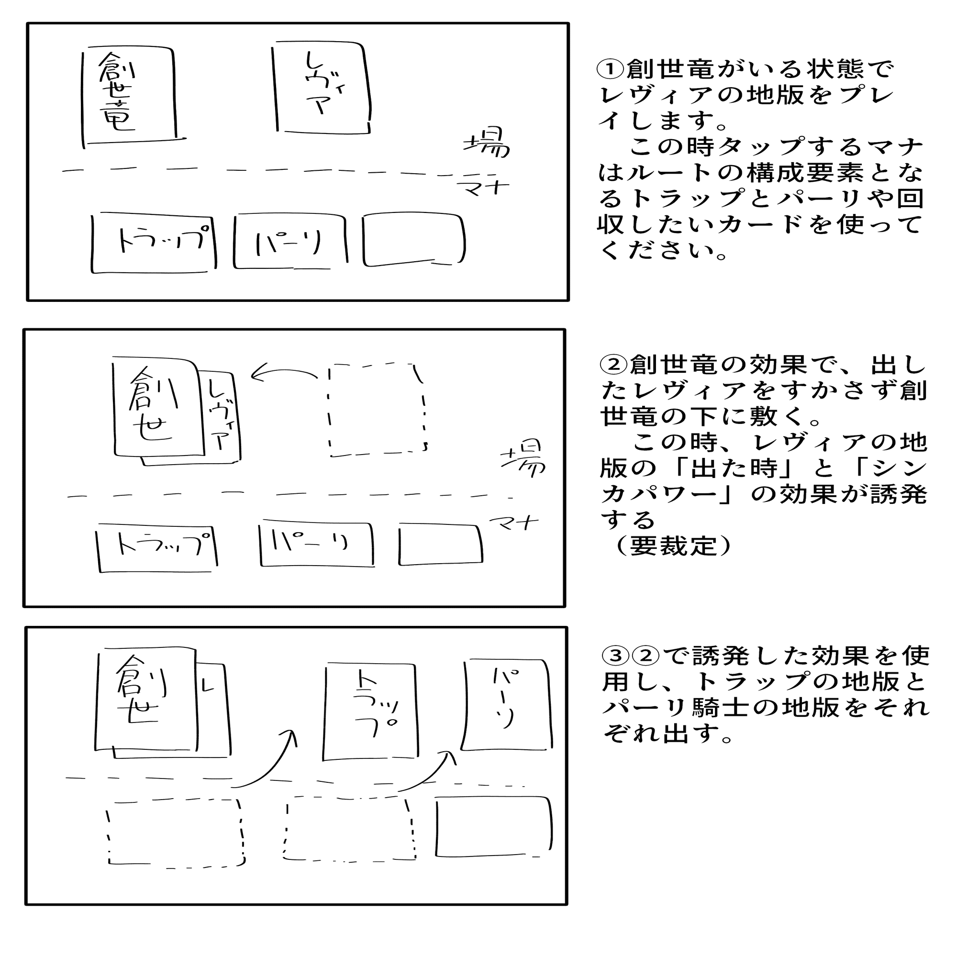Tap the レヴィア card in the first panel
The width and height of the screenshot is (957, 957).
pyautogui.click(x=322, y=89)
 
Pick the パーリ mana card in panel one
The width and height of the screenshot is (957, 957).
pyautogui.click(x=290, y=242)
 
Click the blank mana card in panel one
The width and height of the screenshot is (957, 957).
pyautogui.click(x=413, y=240)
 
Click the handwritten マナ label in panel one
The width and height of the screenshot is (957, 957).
pyautogui.click(x=483, y=188)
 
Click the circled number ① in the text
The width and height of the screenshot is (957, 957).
pyautogui.click(x=610, y=69)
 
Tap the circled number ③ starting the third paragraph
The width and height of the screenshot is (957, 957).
pyautogui.click(x=615, y=657)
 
